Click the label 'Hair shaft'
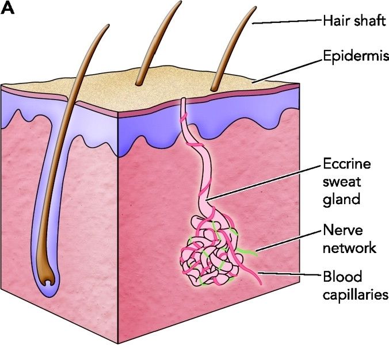pyautogui.click(x=353, y=21)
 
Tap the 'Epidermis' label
pyautogui.click(x=353, y=58)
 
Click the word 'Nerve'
pyautogui.click(x=341, y=232)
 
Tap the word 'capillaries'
pyautogui.click(x=354, y=294)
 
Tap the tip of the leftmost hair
pyautogui.click(x=107, y=26)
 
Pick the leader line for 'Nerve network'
pyautogui.click(x=288, y=240)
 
